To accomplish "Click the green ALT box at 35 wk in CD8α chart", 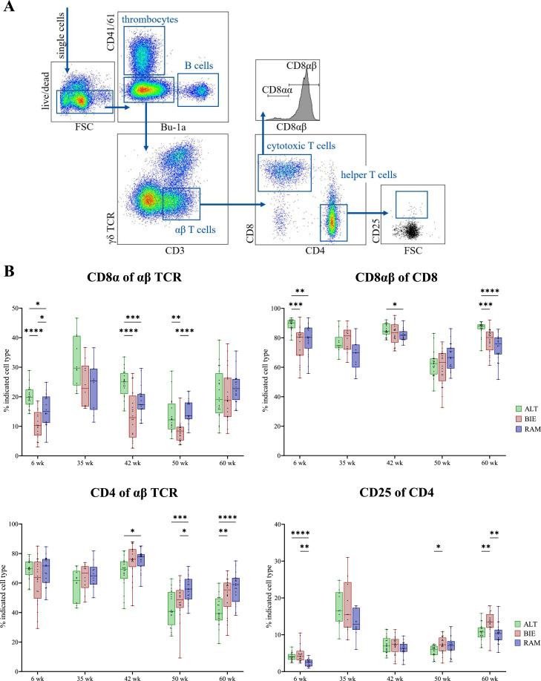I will pyautogui.click(x=76, y=361).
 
